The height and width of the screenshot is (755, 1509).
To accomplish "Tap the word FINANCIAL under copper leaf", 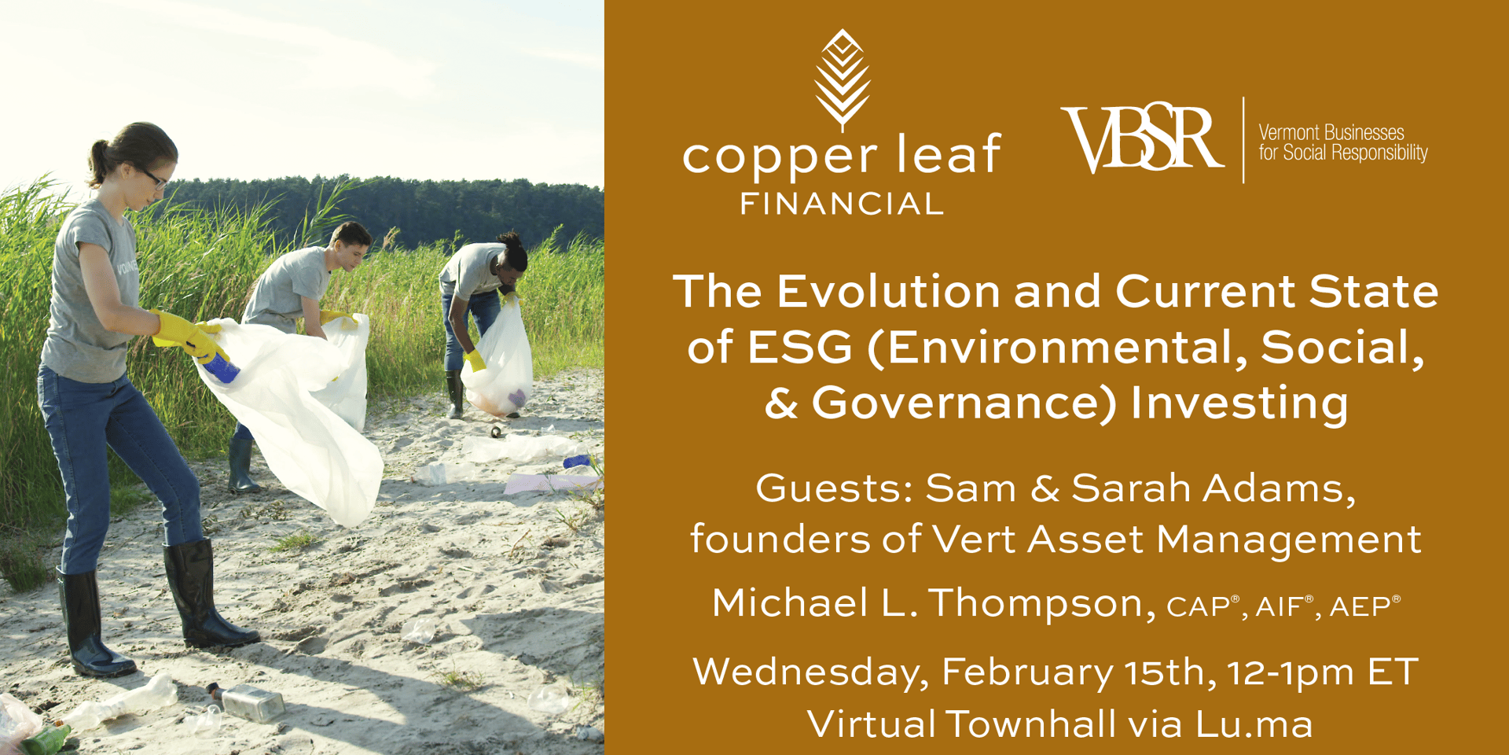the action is tap(842, 204).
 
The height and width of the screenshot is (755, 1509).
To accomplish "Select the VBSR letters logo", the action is tap(1142, 139).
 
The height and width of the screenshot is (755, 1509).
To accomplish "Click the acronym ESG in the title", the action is tap(799, 347).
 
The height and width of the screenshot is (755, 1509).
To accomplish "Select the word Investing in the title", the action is tap(1239, 404).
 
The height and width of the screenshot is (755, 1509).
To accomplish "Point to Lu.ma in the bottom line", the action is tap(1254, 724).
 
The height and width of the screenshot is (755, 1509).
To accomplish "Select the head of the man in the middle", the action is tap(351, 245).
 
